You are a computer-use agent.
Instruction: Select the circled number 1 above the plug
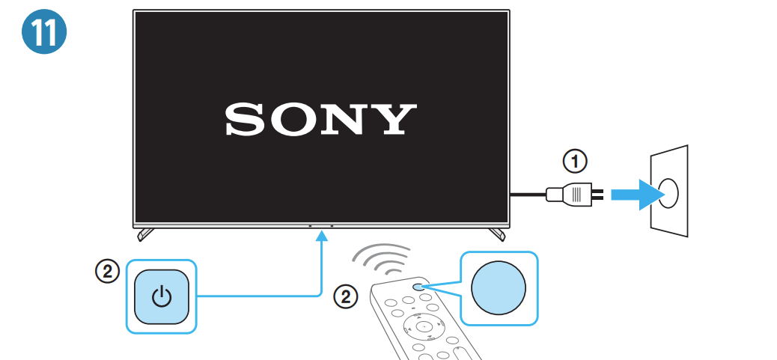coord(575,162)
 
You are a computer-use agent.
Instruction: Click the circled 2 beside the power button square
coord(108,272)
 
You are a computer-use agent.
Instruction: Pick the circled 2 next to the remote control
coord(346,297)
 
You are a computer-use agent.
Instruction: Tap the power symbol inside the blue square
coord(162,297)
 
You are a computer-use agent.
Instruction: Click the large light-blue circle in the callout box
coord(499,288)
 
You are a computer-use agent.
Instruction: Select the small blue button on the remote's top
coord(418,286)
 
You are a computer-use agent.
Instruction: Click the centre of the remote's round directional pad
coord(424,326)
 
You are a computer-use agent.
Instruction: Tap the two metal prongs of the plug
coord(597,194)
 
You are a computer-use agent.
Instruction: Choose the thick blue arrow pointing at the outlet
coord(638,194)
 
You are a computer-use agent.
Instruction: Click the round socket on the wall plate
coord(669,193)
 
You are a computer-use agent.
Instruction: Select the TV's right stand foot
coord(497,234)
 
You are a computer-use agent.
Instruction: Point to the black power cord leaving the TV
coord(528,194)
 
